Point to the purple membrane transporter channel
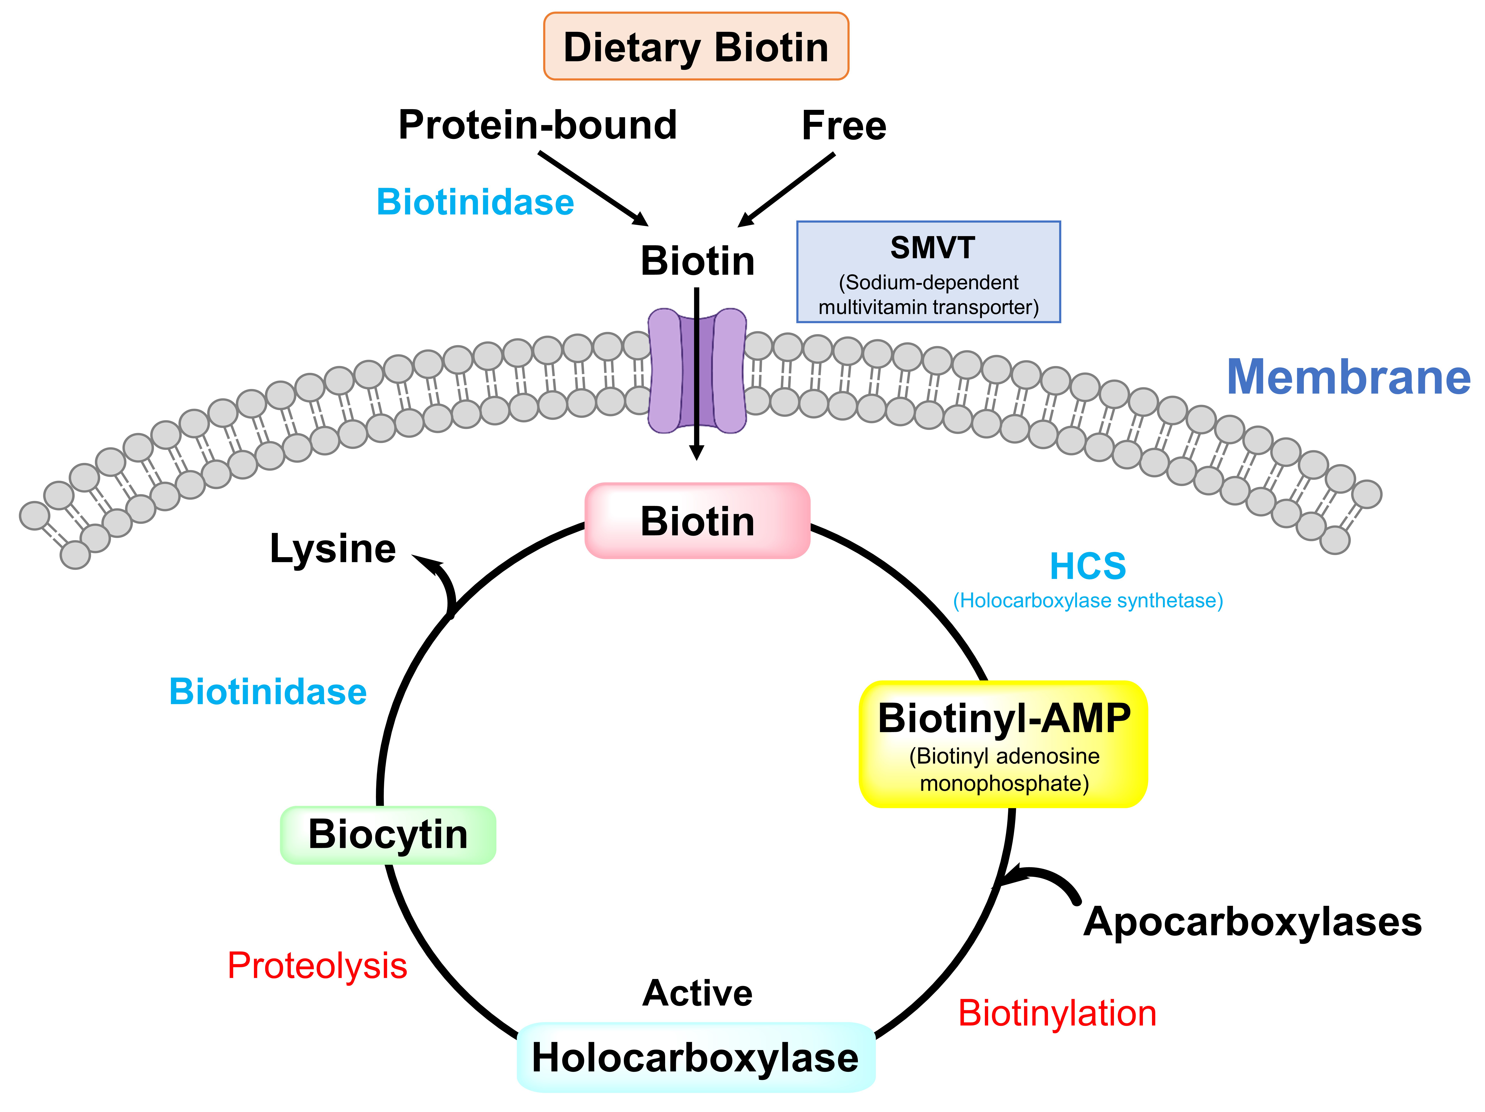coord(697,371)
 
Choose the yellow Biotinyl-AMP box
coord(1003,744)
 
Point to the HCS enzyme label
coord(1088,566)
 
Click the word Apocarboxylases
coord(1252,921)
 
